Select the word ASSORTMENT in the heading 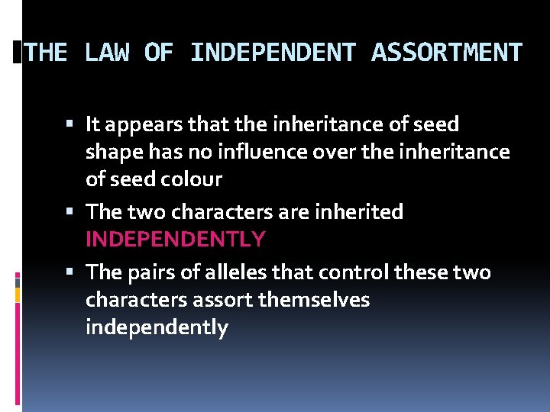447,53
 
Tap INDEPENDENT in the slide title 273,53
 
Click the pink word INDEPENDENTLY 176,239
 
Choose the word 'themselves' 314,300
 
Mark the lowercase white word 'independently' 157,328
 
